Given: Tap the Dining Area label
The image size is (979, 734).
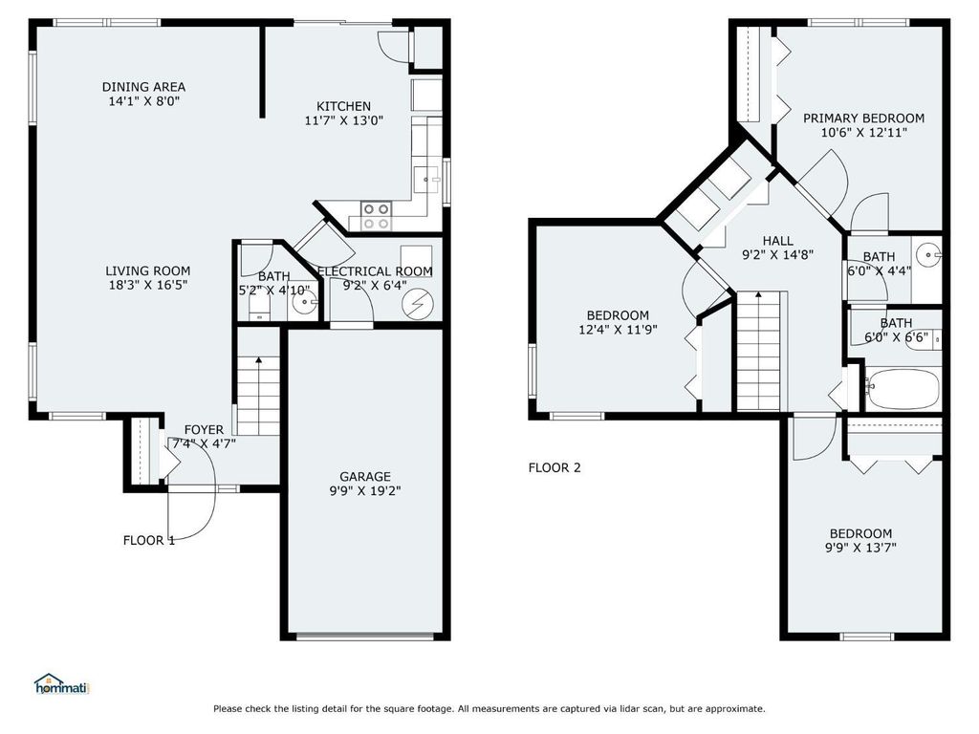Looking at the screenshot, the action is pyautogui.click(x=143, y=87).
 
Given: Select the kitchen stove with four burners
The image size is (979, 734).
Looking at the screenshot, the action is pyautogui.click(x=377, y=216).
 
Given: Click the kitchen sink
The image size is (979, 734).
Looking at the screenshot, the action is pyautogui.click(x=428, y=181).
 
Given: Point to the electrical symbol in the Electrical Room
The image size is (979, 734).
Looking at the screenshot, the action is pyautogui.click(x=417, y=304).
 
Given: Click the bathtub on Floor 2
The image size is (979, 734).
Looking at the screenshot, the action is pyautogui.click(x=902, y=389).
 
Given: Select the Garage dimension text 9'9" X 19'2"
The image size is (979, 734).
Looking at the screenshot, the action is pyautogui.click(x=365, y=490).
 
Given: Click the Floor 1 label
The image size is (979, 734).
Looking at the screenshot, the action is pyautogui.click(x=149, y=541).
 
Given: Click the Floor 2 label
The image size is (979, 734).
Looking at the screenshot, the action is pyautogui.click(x=555, y=467).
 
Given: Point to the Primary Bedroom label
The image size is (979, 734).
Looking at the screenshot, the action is pyautogui.click(x=863, y=118).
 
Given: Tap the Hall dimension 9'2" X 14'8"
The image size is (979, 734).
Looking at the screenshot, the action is pyautogui.click(x=778, y=254).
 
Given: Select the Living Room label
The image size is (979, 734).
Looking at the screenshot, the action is pyautogui.click(x=147, y=270).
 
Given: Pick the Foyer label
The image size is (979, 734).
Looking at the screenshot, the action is pyautogui.click(x=204, y=429).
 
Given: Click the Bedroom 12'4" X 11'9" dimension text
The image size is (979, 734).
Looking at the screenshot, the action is pyautogui.click(x=618, y=330).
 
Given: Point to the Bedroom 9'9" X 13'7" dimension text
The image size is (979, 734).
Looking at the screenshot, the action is pyautogui.click(x=860, y=548).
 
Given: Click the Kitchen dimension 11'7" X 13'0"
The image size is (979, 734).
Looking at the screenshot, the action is pyautogui.click(x=344, y=120).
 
